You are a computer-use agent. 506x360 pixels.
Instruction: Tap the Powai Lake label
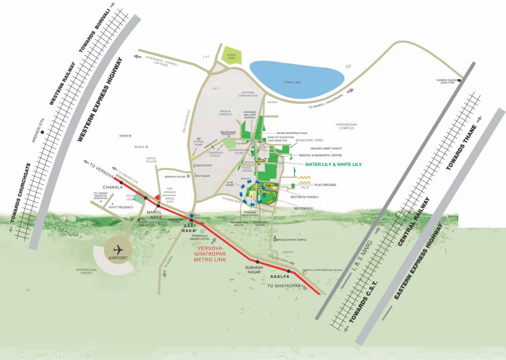pos(295,82)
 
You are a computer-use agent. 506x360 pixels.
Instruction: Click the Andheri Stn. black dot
pos(43,133)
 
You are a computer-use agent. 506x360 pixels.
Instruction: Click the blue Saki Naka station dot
pos(192,216)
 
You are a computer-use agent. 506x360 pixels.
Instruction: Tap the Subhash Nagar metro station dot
pos(257,262)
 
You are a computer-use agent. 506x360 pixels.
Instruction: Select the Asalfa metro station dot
pos(289,271)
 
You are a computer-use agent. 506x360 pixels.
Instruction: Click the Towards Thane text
pos(461,148)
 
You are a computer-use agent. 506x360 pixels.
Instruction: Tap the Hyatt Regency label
pos(120,207)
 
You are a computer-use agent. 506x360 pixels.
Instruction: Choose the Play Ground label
pos(325,185)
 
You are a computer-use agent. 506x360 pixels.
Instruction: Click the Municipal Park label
pos(309,140)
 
